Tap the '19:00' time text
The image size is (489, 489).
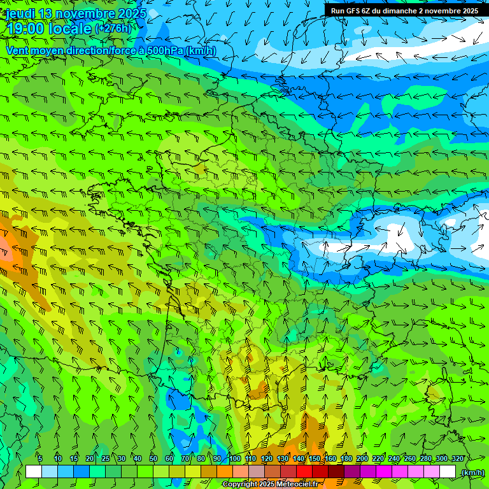tap(25, 29)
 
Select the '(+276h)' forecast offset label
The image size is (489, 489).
tap(113, 29)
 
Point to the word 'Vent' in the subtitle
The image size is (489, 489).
tap(18, 50)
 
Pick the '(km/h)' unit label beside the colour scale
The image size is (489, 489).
tap(472, 472)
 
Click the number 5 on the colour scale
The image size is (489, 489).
tap(39, 458)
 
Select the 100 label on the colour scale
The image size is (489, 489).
tap(234, 458)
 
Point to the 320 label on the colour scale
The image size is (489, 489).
tap(457, 458)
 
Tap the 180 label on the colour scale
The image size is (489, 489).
tap(346, 458)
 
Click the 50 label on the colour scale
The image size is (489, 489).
tap(153, 458)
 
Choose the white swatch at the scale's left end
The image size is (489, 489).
tap(34, 472)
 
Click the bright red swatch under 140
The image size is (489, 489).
tap(304, 472)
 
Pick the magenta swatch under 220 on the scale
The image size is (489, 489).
tap(383, 472)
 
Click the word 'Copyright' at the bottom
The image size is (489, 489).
tap(241, 485)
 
